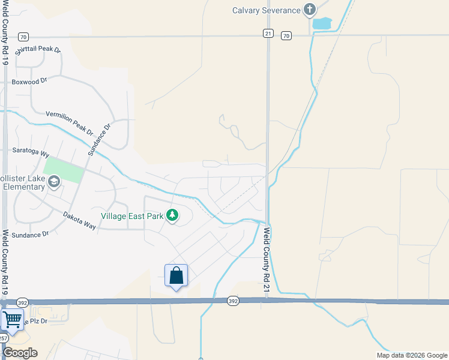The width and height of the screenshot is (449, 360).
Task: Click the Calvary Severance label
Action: click(x=266, y=10)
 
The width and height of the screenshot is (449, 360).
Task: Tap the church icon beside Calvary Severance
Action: click(x=309, y=10)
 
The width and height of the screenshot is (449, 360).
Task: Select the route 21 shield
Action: click(x=268, y=34)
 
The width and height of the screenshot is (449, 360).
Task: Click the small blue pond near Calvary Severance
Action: click(x=322, y=24)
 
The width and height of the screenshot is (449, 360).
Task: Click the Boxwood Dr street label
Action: click(x=29, y=82)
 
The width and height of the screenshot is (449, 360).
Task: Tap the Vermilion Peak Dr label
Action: click(x=70, y=122)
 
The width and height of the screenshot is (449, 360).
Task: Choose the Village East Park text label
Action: click(x=131, y=215)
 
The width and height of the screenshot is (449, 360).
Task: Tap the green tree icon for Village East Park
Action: click(x=172, y=215)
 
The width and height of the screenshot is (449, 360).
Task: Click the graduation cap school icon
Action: click(x=53, y=181)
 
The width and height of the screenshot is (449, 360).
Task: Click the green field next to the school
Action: click(x=63, y=170)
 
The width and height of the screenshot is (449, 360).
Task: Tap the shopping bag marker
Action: click(x=176, y=276)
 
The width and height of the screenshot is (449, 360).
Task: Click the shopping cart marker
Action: click(x=11, y=319)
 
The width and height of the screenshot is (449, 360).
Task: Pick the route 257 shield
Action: click(x=3, y=338)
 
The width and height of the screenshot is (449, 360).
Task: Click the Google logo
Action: click(x=20, y=353)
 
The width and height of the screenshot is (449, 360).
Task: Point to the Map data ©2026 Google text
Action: click(x=411, y=355)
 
